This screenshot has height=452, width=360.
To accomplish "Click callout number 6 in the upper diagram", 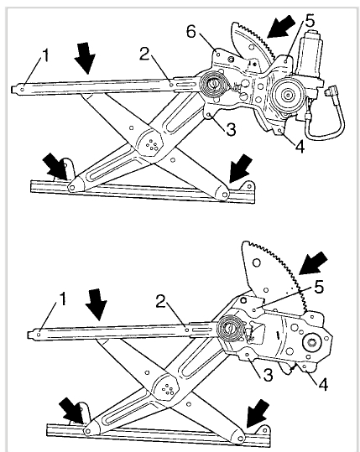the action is (191, 31).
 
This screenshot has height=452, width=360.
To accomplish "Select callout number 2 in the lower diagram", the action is (161, 301).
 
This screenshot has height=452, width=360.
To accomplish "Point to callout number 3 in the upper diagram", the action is (231, 130).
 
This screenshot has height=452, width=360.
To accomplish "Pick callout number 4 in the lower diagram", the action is (323, 384).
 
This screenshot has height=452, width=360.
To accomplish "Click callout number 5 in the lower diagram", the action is (319, 287).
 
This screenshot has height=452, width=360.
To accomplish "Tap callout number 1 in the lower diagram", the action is (62, 299).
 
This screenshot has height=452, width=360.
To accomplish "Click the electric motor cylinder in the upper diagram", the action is (310, 56).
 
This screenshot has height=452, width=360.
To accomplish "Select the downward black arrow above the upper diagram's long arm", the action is (85, 58).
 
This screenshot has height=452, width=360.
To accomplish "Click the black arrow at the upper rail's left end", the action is (55, 166).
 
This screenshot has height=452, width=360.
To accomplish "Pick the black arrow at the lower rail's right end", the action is (258, 413).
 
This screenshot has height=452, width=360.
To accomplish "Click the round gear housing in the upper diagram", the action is (288, 94).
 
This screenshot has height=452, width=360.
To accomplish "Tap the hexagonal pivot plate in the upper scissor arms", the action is (149, 143).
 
